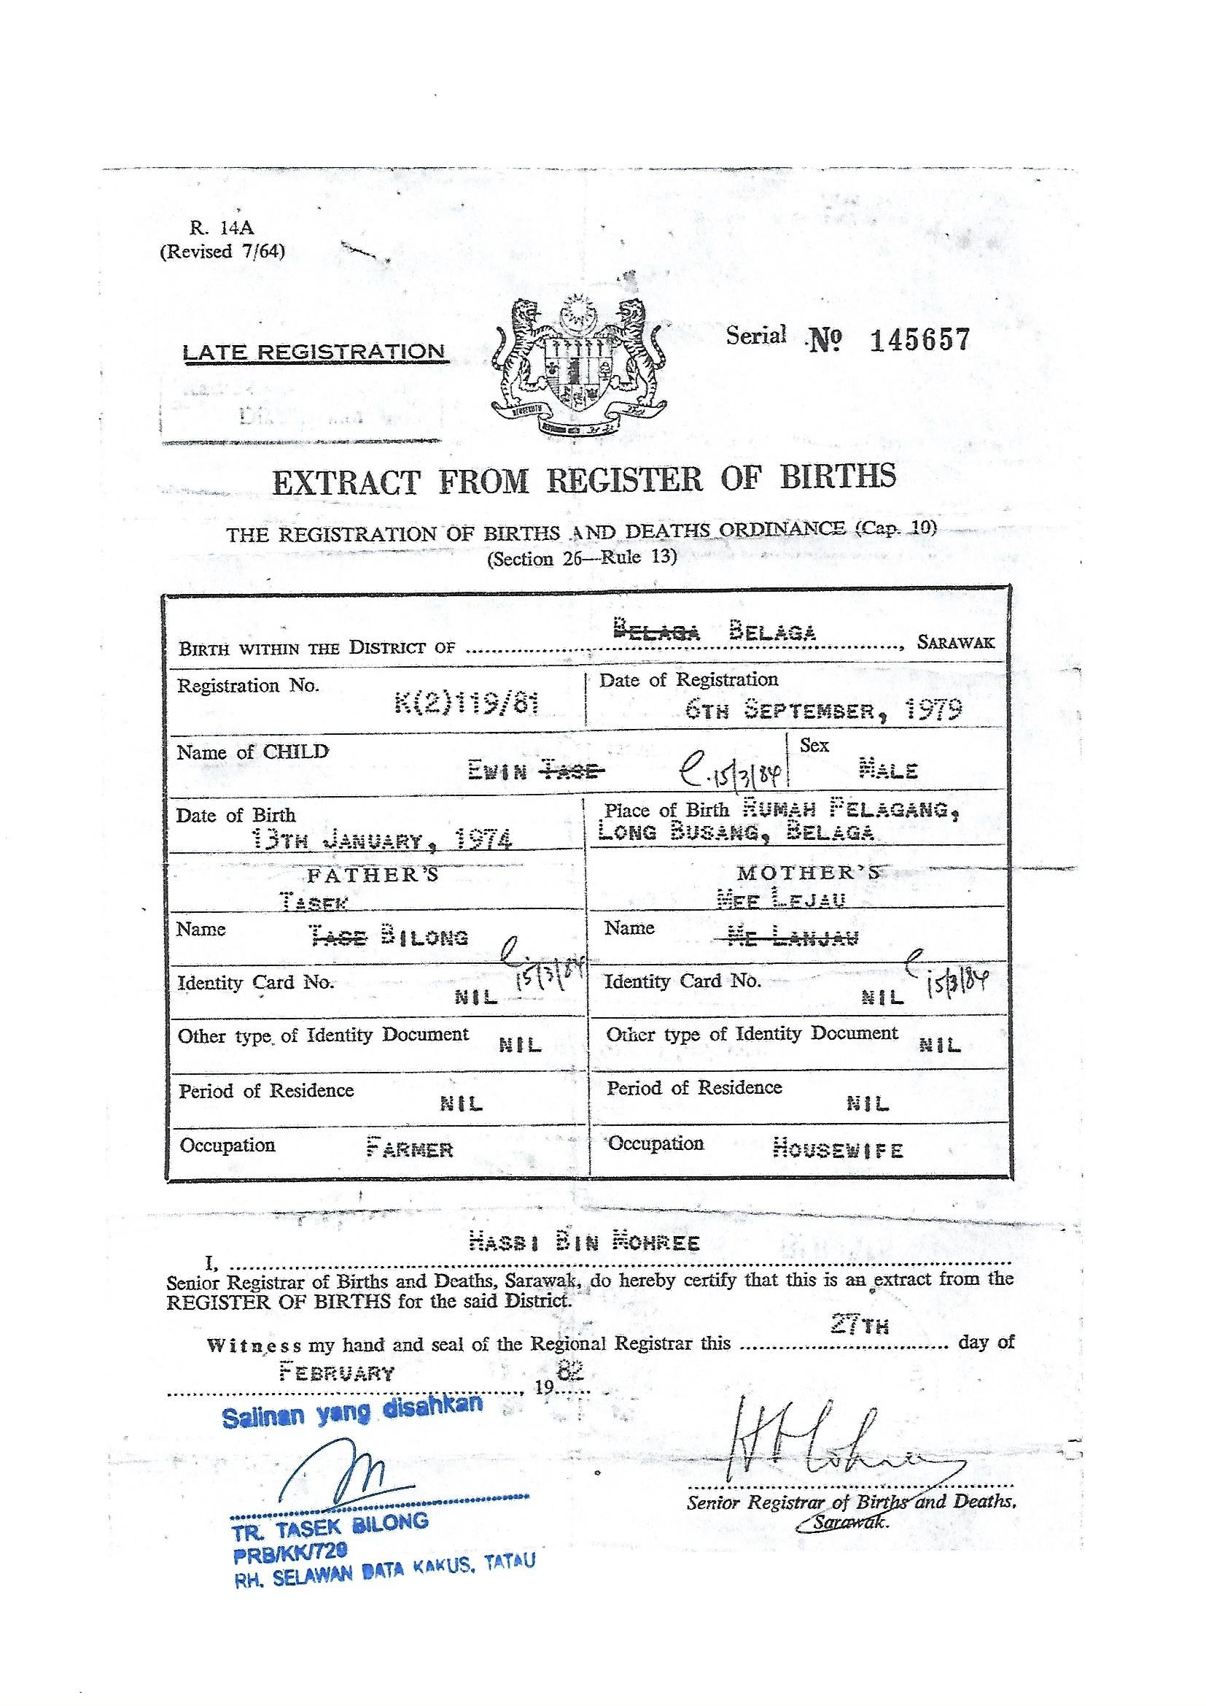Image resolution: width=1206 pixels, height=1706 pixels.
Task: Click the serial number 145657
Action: [919, 340]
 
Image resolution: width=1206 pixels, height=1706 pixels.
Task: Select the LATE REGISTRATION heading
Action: [314, 352]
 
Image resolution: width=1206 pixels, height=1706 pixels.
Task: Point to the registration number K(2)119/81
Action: [467, 702]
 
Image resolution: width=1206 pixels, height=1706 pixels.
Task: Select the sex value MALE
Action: [888, 770]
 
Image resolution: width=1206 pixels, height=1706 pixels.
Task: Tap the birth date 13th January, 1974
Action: [381, 841]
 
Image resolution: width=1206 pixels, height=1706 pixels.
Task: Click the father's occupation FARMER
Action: [409, 1149]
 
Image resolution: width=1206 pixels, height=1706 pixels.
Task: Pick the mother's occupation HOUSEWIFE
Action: [838, 1149]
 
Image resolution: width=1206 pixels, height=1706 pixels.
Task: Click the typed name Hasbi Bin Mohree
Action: [585, 1243]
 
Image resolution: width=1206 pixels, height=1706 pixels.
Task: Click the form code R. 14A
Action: [222, 229]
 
